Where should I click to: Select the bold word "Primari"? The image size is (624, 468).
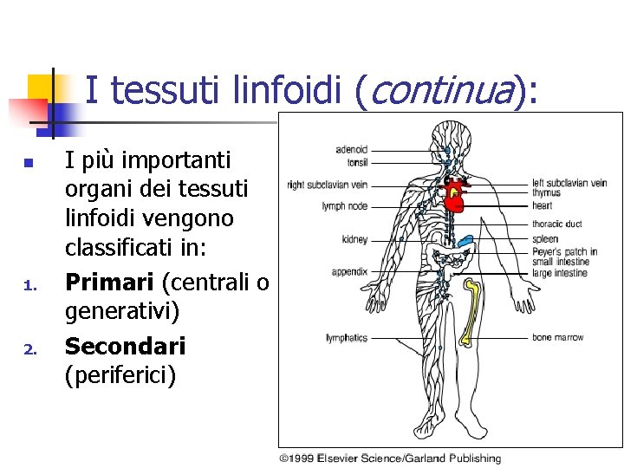[110, 283]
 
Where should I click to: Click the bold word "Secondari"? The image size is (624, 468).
[126, 346]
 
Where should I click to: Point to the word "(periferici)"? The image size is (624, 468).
[120, 376]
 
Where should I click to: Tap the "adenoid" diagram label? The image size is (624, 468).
[352, 150]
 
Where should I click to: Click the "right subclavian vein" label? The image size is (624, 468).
[328, 185]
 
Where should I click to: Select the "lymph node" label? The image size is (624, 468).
[345, 206]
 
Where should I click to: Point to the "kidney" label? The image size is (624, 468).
[355, 239]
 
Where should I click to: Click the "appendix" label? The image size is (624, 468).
[350, 272]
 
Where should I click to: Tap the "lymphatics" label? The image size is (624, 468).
[347, 338]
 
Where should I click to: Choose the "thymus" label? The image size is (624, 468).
[546, 193]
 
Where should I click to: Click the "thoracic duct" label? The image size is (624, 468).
[556, 224]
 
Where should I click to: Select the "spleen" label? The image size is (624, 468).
[545, 239]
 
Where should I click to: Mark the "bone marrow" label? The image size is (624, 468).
[557, 337]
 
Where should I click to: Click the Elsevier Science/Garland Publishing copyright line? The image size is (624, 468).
[390, 458]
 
